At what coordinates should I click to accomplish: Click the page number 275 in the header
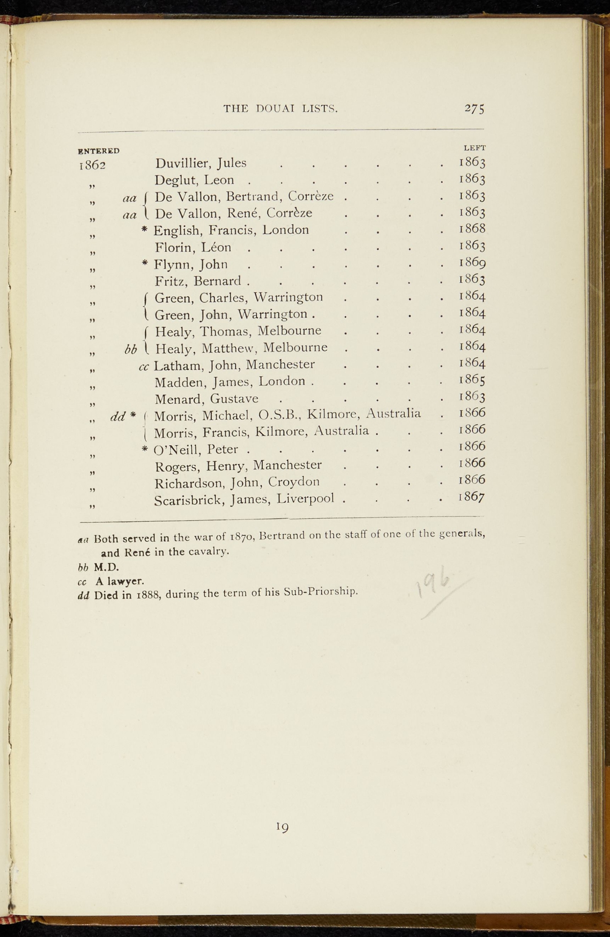475,108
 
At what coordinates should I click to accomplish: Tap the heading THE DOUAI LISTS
281,109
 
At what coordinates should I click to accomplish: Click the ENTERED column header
99,151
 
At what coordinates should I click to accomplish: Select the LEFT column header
475,148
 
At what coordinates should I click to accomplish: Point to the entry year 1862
92,165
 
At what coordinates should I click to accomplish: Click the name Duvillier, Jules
201,163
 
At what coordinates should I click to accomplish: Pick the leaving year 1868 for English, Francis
472,228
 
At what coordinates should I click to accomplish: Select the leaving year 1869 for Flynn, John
472,263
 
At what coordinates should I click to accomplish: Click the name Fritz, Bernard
198,281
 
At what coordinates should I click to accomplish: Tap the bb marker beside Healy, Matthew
130,350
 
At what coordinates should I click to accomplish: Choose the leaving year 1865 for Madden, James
472,380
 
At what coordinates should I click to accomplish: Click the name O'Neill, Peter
196,450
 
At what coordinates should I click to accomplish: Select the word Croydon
294,482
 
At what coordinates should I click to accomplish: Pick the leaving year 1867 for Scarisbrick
472,497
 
